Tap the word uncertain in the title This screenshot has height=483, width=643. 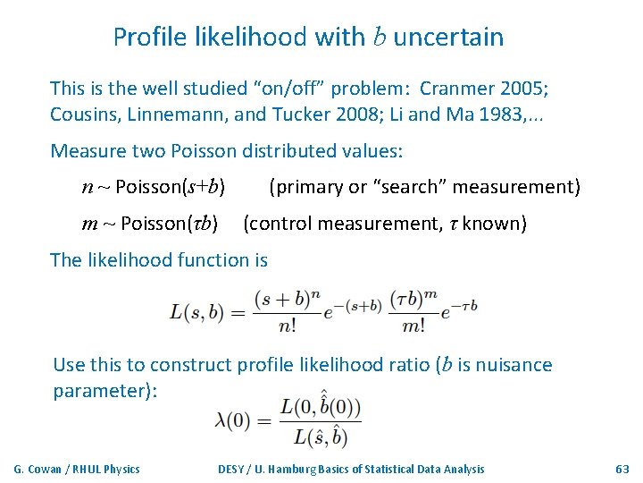(448, 38)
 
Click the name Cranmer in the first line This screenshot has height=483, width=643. (456, 89)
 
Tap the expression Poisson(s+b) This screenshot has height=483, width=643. (170, 187)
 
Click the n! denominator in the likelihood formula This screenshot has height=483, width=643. (287, 326)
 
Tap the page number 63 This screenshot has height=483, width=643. (622, 469)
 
